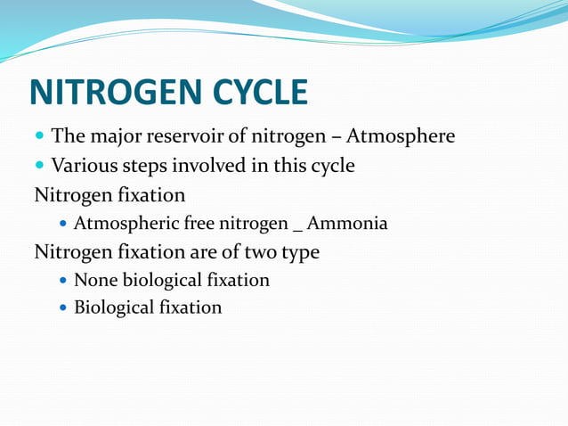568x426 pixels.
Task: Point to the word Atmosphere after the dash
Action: tap(401, 136)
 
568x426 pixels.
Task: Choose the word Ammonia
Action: tap(347, 223)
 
